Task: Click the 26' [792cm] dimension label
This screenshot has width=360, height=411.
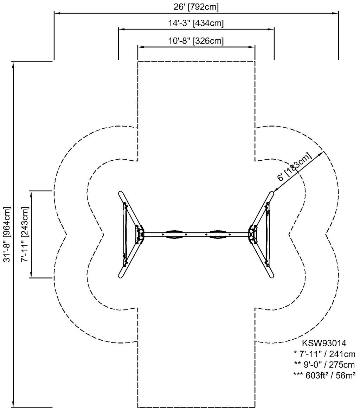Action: pyautogui.click(x=196, y=7)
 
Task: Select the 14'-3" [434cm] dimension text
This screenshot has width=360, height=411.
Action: pyautogui.click(x=196, y=23)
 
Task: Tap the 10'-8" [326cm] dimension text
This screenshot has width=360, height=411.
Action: pyautogui.click(x=196, y=41)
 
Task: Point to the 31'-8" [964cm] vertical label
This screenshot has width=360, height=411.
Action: pyautogui.click(x=7, y=234)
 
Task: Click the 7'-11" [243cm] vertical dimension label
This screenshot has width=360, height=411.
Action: pyautogui.click(x=25, y=234)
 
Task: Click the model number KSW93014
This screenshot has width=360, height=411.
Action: pyautogui.click(x=324, y=343)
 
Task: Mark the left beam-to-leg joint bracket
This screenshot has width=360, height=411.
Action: pyautogui.click(x=140, y=235)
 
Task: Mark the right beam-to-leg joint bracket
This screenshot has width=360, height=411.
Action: pyautogui.click(x=253, y=235)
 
